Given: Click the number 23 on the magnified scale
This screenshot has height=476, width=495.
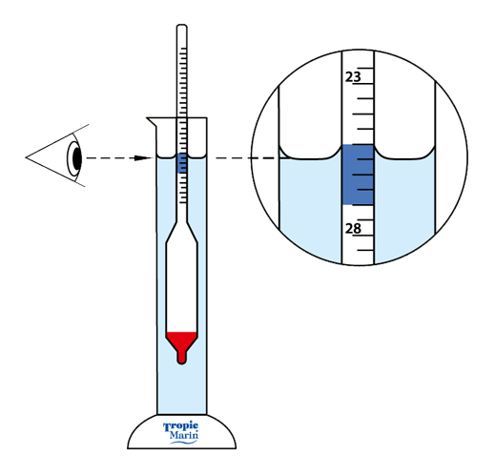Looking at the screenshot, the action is (353, 77).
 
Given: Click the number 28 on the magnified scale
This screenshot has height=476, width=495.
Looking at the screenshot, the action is (353, 228).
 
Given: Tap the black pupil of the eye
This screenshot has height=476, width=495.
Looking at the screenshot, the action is (77, 157).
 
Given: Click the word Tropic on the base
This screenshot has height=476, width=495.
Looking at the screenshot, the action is (180, 427).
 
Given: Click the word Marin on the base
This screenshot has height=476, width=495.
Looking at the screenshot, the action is (184, 435).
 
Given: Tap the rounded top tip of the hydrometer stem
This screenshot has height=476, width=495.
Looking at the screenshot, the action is (182, 25).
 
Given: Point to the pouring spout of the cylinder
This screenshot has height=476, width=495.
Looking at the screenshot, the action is (152, 122).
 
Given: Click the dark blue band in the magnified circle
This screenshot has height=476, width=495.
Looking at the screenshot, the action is (358, 175).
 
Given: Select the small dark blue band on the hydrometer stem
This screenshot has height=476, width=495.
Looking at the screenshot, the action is (182, 163).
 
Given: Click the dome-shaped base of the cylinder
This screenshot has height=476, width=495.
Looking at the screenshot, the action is (181, 432).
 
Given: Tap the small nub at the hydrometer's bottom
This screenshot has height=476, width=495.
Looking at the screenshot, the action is (181, 359).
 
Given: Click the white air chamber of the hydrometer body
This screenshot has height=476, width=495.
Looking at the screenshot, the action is (181, 286).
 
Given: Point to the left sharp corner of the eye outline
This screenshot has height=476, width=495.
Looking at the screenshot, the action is (27, 157).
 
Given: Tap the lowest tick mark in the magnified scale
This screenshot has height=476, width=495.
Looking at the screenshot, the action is (365, 251).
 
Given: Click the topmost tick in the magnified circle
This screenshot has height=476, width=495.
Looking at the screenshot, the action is (365, 68).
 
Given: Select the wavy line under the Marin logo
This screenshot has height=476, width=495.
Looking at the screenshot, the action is (184, 442).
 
